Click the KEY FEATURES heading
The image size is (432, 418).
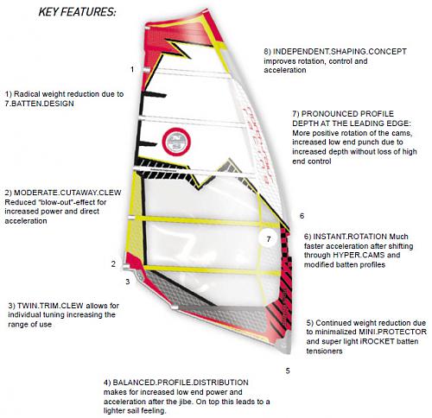[x=77, y=12]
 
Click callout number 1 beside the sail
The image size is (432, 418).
[x=132, y=69]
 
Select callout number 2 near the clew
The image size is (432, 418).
[x=113, y=263]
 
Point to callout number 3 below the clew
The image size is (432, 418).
[x=128, y=282]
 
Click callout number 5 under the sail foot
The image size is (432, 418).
[x=288, y=370]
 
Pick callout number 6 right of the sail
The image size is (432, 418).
[x=302, y=216]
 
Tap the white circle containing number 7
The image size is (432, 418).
[x=268, y=239]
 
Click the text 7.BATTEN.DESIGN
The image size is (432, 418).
[x=39, y=104]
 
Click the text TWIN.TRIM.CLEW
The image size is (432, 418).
[x=50, y=306]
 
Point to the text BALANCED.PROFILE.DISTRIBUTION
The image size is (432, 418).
[x=181, y=383]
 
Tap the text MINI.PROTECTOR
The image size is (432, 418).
[x=392, y=332]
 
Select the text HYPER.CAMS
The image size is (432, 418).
[x=359, y=255]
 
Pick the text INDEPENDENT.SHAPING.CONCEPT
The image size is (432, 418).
[x=340, y=52]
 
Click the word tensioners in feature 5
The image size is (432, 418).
[x=324, y=351]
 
